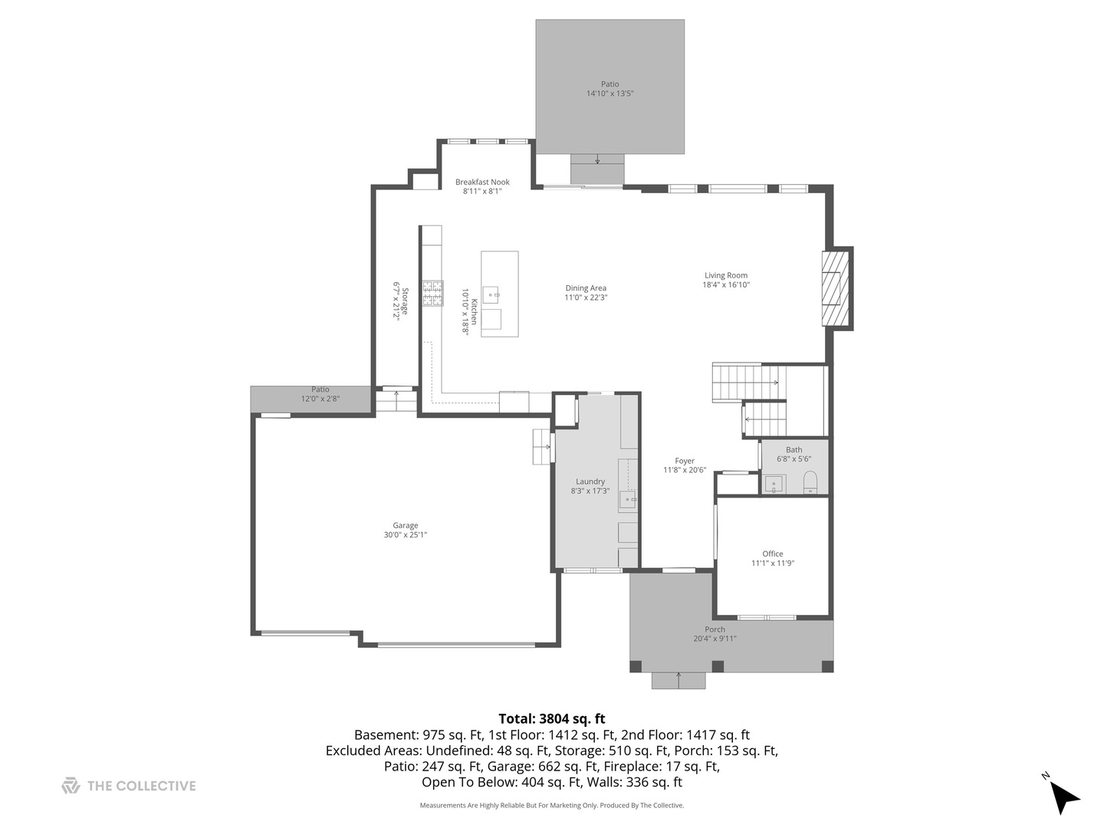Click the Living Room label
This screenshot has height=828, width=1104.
tap(725, 275)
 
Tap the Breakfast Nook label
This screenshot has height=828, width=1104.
tap(482, 182)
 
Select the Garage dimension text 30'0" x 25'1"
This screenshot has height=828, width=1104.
tap(406, 535)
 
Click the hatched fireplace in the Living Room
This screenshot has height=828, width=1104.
tap(831, 288)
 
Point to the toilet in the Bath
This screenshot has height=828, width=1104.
tap(810, 483)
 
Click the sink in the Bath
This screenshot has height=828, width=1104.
tap(774, 485)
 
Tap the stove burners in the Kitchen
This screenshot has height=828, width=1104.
tap(432, 294)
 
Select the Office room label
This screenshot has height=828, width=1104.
tap(773, 554)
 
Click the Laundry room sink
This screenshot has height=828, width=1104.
tap(628, 500)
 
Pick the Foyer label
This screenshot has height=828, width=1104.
tap(685, 461)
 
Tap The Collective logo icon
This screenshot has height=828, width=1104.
tap(71, 786)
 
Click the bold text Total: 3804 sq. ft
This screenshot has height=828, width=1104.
tap(551, 718)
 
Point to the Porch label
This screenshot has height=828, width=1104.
tap(715, 629)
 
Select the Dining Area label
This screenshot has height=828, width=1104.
tap(586, 288)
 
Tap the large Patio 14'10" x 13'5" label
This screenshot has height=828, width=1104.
tap(609, 84)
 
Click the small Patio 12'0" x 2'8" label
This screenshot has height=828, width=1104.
tap(320, 389)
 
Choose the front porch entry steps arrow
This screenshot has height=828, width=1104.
tap(678, 679)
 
